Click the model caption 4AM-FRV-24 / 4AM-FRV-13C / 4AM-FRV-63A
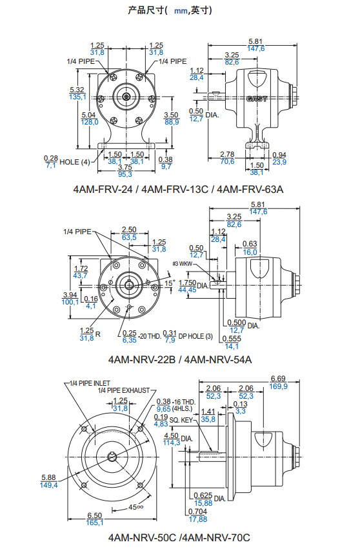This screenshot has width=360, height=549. (x=178, y=190)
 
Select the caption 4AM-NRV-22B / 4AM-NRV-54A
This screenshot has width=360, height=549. (x=180, y=359)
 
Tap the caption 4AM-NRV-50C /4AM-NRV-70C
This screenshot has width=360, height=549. (x=179, y=537)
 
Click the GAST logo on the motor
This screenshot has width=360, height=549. (x=257, y=99)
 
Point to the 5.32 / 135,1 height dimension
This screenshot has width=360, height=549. (x=77, y=94)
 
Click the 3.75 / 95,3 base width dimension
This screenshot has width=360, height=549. (x=125, y=171)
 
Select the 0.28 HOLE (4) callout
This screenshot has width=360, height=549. (x=67, y=162)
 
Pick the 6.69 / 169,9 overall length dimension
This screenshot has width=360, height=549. (x=279, y=383)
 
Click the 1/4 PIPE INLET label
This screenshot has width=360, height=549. (x=90, y=383)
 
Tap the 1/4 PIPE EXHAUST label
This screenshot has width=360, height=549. (x=124, y=390)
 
